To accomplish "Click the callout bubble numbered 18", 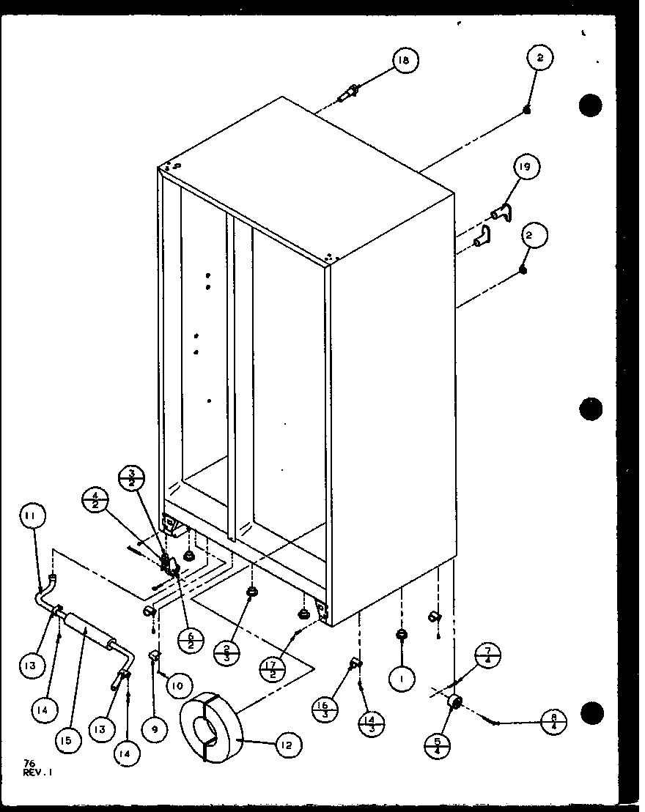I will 403,62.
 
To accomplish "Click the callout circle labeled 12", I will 287,745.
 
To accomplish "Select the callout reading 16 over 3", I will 322,709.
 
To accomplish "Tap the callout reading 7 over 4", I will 488,655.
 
